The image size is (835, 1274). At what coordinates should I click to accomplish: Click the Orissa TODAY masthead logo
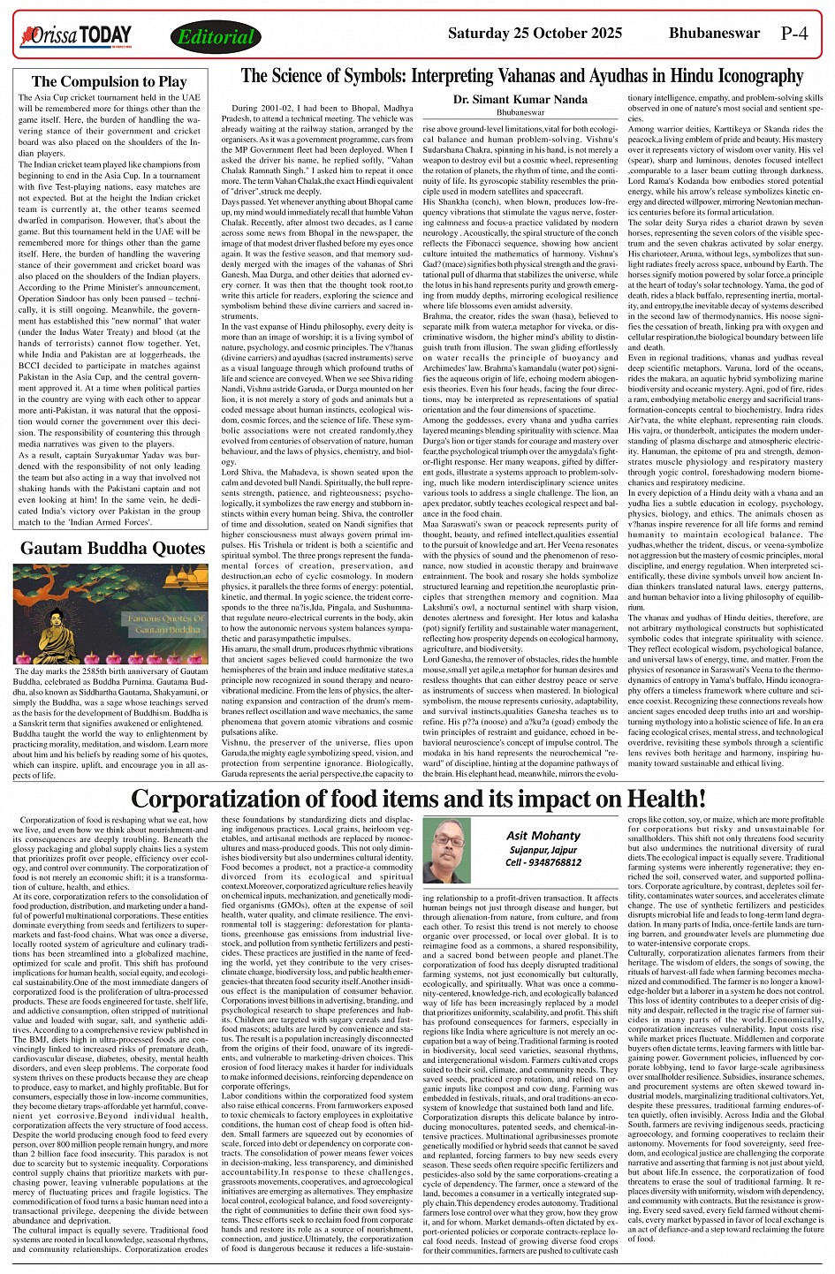pyautogui.click(x=75, y=36)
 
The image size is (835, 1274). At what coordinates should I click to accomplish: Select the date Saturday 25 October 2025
pyautogui.click(x=543, y=34)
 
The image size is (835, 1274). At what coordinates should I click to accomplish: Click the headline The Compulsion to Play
pyautogui.click(x=110, y=82)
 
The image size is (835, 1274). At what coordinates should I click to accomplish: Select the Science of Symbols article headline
pyautogui.click(x=521, y=76)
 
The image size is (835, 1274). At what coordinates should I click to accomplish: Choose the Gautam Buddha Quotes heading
pyautogui.click(x=112, y=549)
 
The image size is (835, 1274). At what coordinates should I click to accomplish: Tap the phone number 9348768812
pyautogui.click(x=556, y=862)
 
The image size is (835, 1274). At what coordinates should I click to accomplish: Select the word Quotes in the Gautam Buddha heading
pyautogui.click(x=173, y=549)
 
